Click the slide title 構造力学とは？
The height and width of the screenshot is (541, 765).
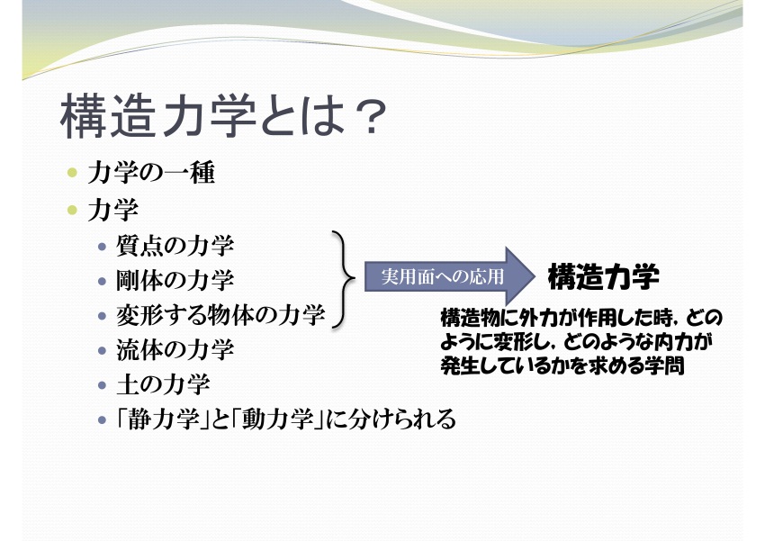(x=223, y=115)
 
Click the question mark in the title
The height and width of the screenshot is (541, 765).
(x=370, y=116)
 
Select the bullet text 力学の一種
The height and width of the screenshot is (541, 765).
(x=151, y=173)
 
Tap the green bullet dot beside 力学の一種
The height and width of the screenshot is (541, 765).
(x=73, y=173)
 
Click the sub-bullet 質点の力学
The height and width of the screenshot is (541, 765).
(x=175, y=246)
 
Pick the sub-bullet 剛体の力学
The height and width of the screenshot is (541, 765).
(x=175, y=280)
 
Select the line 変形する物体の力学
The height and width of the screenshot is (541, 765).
(x=220, y=315)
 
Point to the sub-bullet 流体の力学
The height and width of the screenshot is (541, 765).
(x=175, y=349)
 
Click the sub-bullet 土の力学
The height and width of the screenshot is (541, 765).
(x=163, y=384)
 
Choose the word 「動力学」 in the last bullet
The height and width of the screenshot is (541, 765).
(x=277, y=419)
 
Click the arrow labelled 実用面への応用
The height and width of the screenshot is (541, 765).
(x=450, y=276)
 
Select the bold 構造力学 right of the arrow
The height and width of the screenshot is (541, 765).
(x=604, y=276)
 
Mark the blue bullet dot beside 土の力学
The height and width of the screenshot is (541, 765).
(x=102, y=385)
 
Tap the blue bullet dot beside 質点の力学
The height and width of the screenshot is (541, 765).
(x=102, y=246)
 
